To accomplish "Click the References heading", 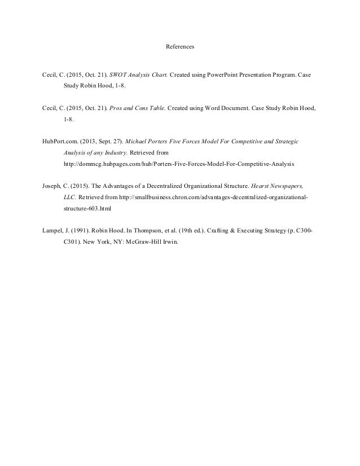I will point(180,47).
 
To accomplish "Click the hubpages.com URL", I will point(178,164).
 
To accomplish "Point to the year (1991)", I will point(85,231).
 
